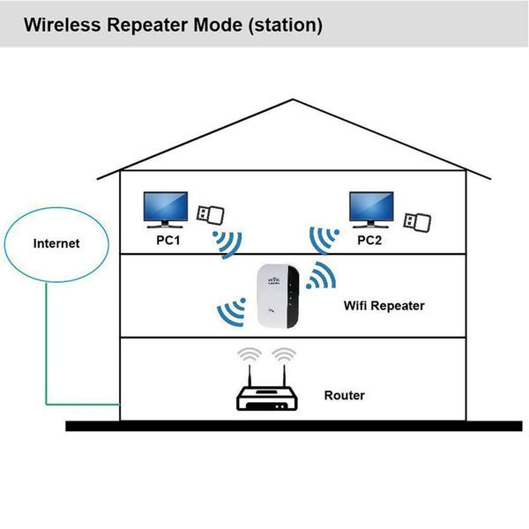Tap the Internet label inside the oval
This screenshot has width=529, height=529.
tap(56, 242)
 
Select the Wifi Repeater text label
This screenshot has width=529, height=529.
tap(384, 306)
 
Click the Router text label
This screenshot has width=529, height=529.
tap(344, 396)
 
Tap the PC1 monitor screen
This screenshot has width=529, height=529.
tap(165, 207)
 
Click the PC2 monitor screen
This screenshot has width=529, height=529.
tap(371, 207)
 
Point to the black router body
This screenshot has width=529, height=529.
tap(268, 401)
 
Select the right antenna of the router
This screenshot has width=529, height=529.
tap(285, 376)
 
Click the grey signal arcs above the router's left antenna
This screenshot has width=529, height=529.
tap(250, 354)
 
